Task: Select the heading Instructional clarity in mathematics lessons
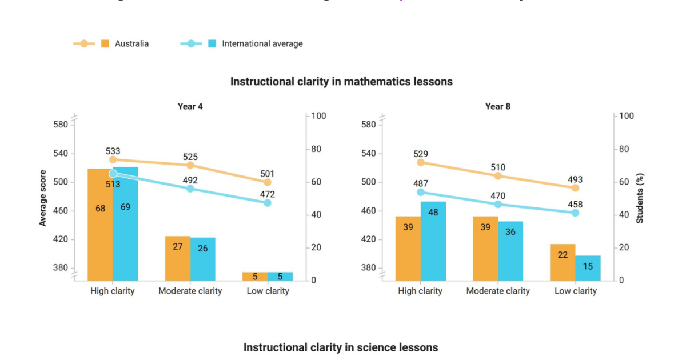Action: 341,81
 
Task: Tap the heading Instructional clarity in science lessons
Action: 341,347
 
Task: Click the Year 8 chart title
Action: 498,106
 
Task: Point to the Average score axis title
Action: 43,198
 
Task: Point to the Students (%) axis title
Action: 640,198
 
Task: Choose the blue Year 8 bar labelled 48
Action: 433,241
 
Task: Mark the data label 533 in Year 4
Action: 113,151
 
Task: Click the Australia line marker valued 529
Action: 421,162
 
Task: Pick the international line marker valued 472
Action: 268,203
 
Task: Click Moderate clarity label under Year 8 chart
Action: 498,291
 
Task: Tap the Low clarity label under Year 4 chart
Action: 268,291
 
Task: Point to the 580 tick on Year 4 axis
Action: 60,125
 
